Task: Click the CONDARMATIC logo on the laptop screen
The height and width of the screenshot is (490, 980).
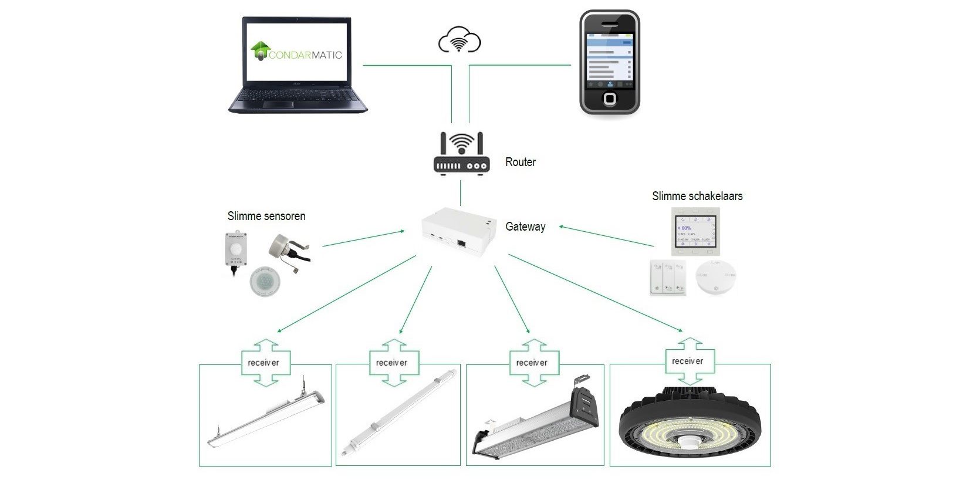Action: [x=296, y=52]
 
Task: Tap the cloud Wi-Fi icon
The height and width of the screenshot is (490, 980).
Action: [x=459, y=40]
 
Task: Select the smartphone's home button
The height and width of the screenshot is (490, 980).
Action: [x=610, y=98]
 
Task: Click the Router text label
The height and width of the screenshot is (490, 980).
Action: [x=521, y=162]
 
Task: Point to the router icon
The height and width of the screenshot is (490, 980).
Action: [x=461, y=154]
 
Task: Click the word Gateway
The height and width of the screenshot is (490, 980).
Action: [x=525, y=227]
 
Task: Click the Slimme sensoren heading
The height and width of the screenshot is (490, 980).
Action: [x=266, y=216]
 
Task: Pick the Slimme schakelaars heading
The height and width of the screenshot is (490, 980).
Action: [x=697, y=196]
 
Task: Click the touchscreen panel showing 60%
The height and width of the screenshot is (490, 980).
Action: [x=694, y=231]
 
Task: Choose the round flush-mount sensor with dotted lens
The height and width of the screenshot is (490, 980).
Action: [x=262, y=282]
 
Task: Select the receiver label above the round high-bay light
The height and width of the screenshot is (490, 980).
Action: [x=687, y=361]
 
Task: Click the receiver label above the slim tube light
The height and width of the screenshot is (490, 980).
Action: [x=391, y=363]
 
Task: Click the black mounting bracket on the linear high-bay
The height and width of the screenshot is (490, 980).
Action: [x=585, y=405]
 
